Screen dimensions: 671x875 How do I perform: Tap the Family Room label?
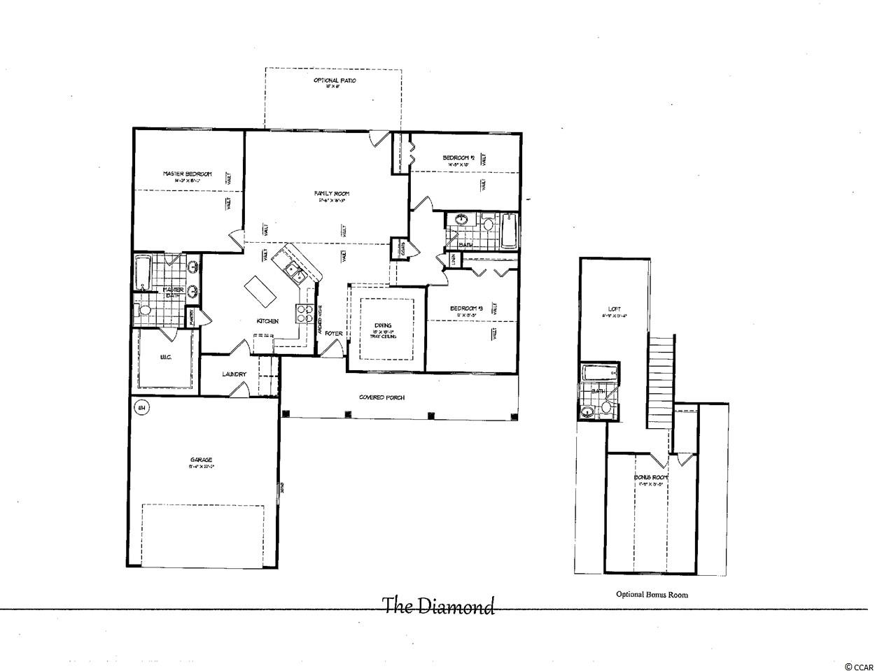pos(333,194)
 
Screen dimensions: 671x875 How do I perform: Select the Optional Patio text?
pos(334,81)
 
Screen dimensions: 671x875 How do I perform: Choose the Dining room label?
pos(383,325)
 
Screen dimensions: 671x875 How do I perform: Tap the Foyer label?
pos(334,334)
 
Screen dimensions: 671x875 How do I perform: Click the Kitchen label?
pos(267,321)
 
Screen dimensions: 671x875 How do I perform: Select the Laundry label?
pos(234,374)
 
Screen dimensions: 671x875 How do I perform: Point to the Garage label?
pos(200,460)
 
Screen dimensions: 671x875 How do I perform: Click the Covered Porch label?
pos(381,397)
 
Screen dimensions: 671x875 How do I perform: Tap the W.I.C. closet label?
pos(166,358)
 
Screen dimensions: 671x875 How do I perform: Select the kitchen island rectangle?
pos(259,291)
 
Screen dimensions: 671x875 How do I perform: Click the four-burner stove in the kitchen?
pos(306,314)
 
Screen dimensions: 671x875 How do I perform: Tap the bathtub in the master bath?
pos(143,273)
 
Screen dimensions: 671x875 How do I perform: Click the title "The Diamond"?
pos(438,606)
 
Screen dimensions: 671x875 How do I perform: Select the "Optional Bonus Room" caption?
pos(652,595)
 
